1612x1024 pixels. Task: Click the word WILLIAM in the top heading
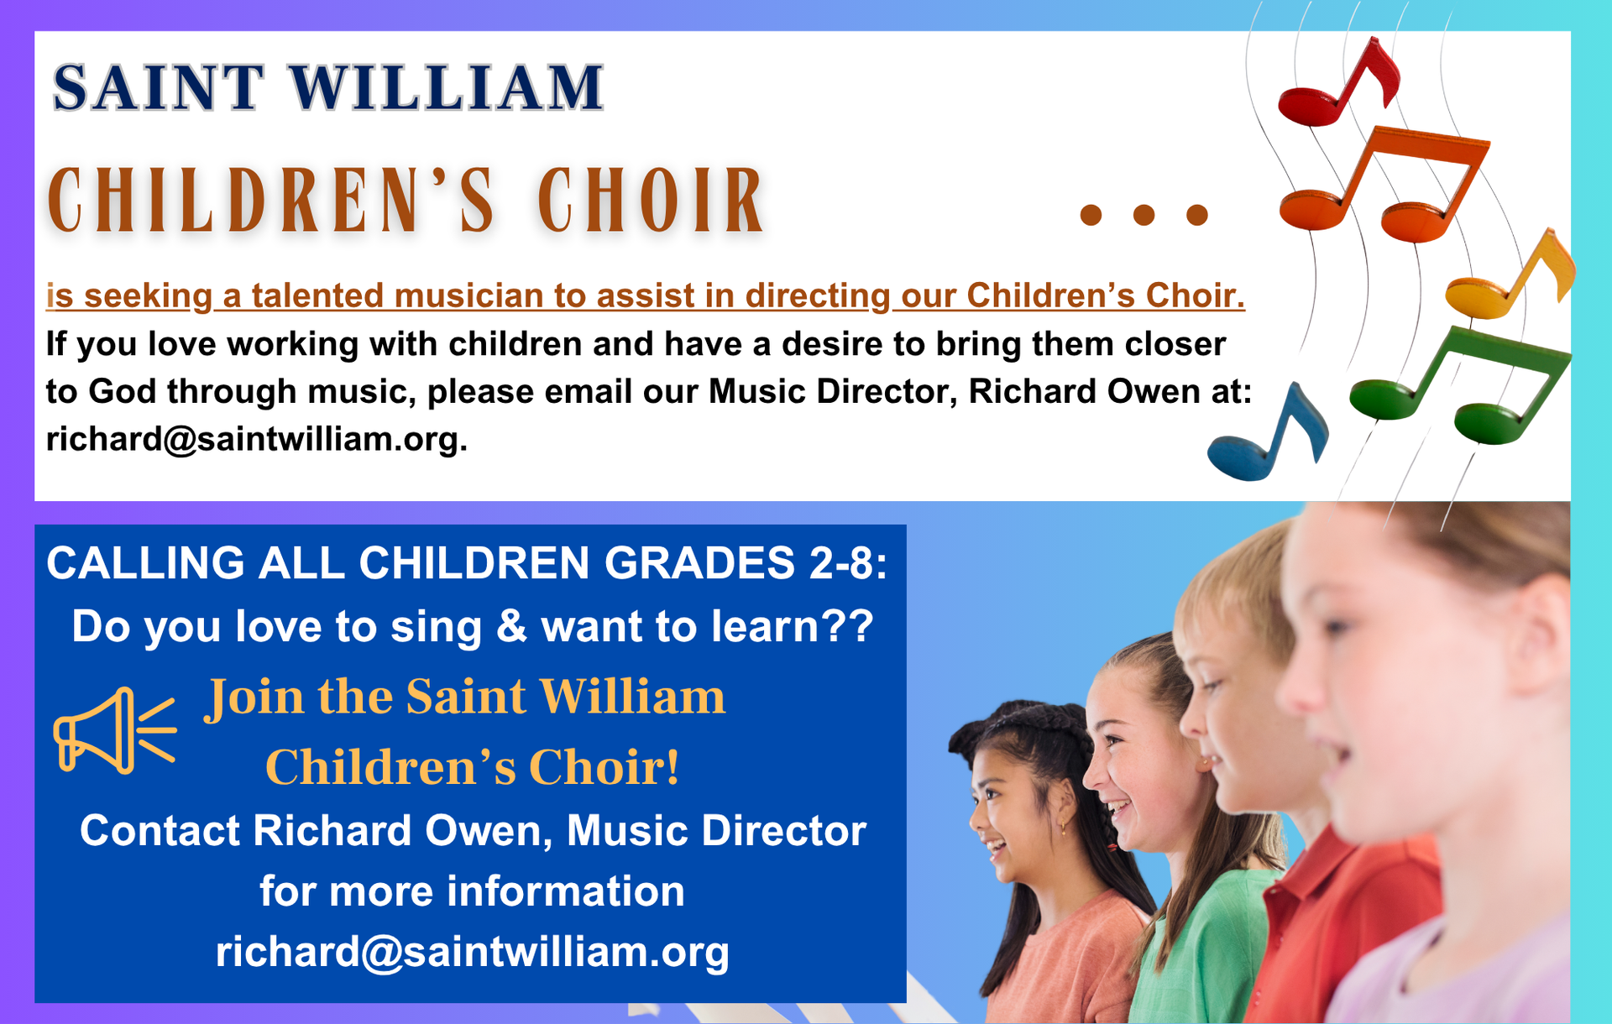click(x=447, y=87)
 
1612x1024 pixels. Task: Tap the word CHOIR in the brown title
click(x=651, y=200)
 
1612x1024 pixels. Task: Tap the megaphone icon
click(x=115, y=730)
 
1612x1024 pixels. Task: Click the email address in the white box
click(x=256, y=439)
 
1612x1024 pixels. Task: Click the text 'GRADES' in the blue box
click(x=699, y=562)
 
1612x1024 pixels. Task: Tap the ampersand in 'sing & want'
click(x=511, y=626)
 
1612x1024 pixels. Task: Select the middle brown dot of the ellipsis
click(x=1144, y=215)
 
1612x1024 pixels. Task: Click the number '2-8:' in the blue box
click(x=848, y=562)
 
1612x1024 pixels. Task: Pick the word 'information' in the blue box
click(x=566, y=891)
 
